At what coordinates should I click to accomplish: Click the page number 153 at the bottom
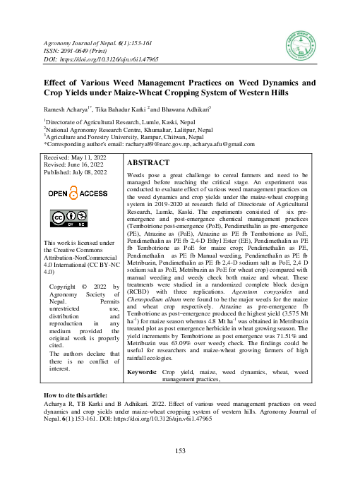[x=180, y=451]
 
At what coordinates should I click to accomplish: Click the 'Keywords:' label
[x=141, y=371]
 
